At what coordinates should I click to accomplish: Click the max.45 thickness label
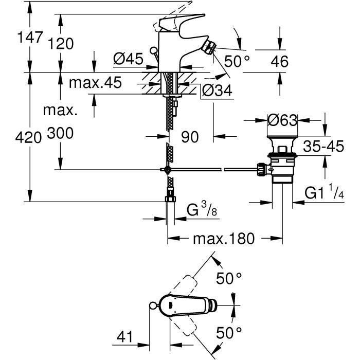point(96,83)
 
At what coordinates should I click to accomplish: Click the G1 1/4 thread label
point(324,193)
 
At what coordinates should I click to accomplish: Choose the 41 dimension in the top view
point(125,338)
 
